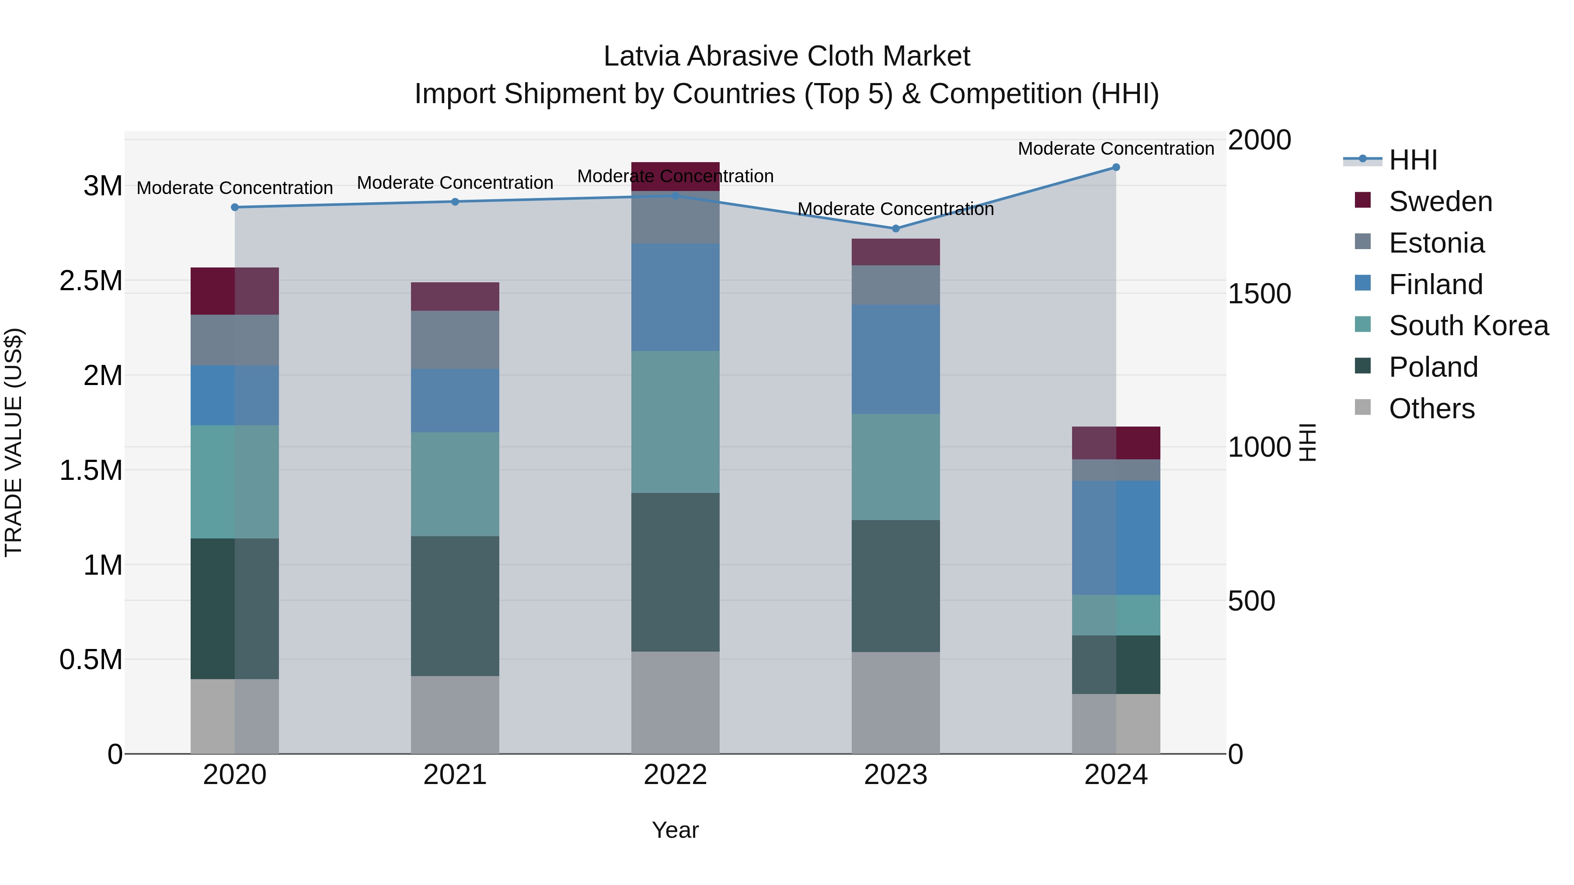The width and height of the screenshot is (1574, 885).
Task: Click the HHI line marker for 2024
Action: click(x=1116, y=167)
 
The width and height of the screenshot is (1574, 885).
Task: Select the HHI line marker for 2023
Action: click(x=896, y=229)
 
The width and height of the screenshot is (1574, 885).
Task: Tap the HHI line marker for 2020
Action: click(x=235, y=207)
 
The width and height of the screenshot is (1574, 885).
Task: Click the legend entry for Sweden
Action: click(x=1440, y=201)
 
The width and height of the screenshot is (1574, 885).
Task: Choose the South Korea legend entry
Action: click(x=1468, y=326)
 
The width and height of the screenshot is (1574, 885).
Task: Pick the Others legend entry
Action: click(x=1431, y=409)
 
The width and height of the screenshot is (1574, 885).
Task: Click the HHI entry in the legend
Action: click(x=1413, y=160)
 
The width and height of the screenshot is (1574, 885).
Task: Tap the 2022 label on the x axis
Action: click(x=675, y=775)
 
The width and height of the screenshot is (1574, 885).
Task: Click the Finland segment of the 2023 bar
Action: click(x=896, y=359)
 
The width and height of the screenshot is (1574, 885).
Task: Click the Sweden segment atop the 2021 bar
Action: click(x=455, y=296)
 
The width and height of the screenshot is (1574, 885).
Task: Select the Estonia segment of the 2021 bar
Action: click(x=455, y=340)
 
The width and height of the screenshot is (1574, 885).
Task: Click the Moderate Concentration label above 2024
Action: click(x=1116, y=149)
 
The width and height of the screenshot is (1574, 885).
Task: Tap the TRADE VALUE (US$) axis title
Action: click(x=14, y=442)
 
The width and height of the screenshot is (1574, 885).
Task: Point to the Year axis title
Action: click(x=675, y=830)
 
